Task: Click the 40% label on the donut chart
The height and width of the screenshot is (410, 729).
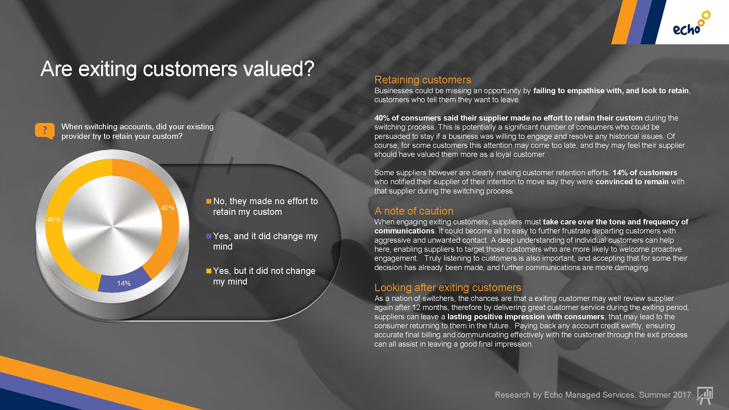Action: [x=167, y=208]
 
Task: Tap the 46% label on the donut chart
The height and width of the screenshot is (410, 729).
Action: [x=54, y=219]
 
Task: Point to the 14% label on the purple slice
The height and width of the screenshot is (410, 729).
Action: [x=124, y=283]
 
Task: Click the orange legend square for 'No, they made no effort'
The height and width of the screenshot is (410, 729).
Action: [x=209, y=201]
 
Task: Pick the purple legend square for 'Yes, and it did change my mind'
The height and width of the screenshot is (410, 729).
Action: [x=209, y=236]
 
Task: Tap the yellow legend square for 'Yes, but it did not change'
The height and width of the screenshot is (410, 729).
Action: [x=209, y=271]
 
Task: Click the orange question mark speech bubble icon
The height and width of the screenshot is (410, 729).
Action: [x=45, y=131]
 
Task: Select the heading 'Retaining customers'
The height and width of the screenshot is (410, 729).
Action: [x=423, y=80]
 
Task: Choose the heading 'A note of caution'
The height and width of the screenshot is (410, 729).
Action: [x=414, y=211]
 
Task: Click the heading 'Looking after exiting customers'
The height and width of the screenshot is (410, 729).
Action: [x=448, y=288]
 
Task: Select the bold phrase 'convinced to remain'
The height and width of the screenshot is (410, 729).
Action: [x=632, y=182]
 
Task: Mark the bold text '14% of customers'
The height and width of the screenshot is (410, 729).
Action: [x=645, y=172]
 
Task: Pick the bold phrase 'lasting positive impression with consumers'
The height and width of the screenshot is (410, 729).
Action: [x=526, y=317]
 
